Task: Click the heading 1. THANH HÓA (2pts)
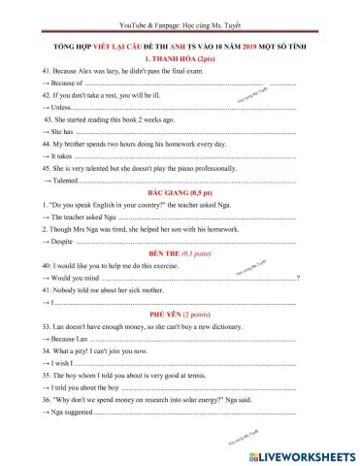point(180,59)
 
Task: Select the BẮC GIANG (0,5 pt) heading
point(180,193)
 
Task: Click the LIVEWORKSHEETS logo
point(307,453)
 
